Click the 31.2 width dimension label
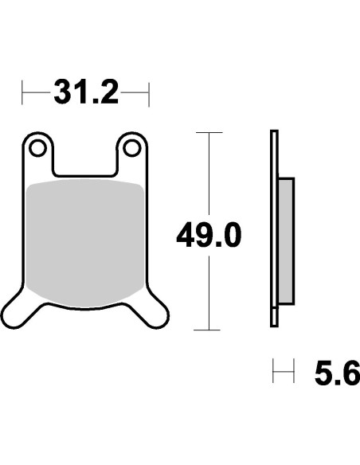[x=86, y=94]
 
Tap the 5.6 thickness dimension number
[x=336, y=373]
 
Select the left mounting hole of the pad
[x=36, y=148]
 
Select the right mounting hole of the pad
[x=132, y=148]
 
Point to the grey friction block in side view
[x=286, y=241]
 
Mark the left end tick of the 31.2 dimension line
[x=23, y=94]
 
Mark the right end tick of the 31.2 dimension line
[x=149, y=94]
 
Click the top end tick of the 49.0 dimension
[x=209, y=132]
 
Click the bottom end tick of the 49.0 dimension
[x=209, y=330]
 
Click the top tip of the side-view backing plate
[x=274, y=133]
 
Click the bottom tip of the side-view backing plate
[x=274, y=322]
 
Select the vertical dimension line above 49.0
[x=209, y=175]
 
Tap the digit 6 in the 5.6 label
[x=349, y=373]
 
